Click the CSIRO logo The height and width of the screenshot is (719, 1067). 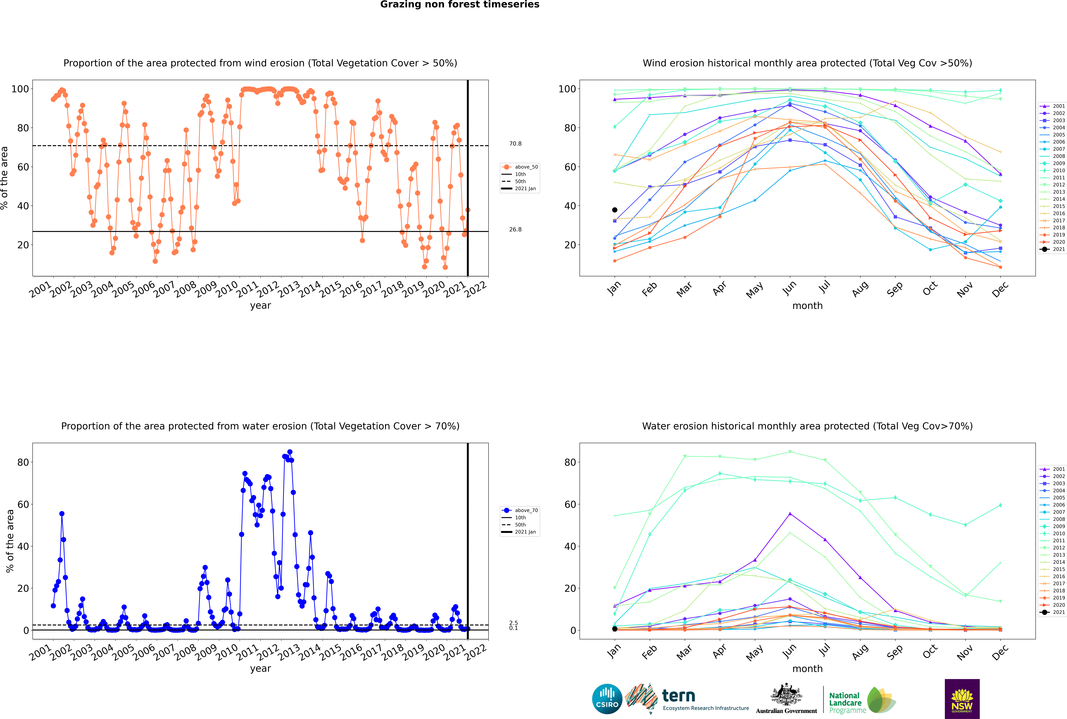607,699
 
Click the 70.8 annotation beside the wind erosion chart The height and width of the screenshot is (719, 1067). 515,144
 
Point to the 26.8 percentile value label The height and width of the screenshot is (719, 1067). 515,229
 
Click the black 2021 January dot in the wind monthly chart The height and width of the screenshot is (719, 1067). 615,210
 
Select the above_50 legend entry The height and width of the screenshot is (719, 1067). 520,167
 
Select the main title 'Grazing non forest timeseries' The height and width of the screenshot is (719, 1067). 460,5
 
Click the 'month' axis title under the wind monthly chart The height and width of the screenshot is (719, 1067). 807,306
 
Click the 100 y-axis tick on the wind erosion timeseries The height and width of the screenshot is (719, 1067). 20,89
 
